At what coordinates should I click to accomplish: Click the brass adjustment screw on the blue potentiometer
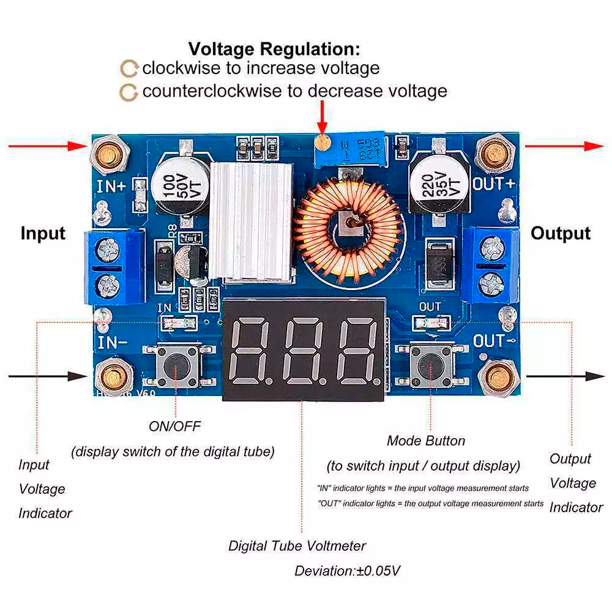[x=323, y=143]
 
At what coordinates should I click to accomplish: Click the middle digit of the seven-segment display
[x=303, y=350]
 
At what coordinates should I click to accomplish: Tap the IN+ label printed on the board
[x=111, y=186]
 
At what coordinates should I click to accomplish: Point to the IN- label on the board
[x=111, y=340]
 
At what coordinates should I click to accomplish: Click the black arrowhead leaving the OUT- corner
[x=596, y=376]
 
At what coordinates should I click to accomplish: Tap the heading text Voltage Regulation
[x=274, y=49]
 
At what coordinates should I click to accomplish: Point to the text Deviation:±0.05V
[x=347, y=571]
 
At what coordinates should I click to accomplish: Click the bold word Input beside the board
[x=43, y=233]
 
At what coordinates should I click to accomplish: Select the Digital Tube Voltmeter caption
[x=297, y=545]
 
